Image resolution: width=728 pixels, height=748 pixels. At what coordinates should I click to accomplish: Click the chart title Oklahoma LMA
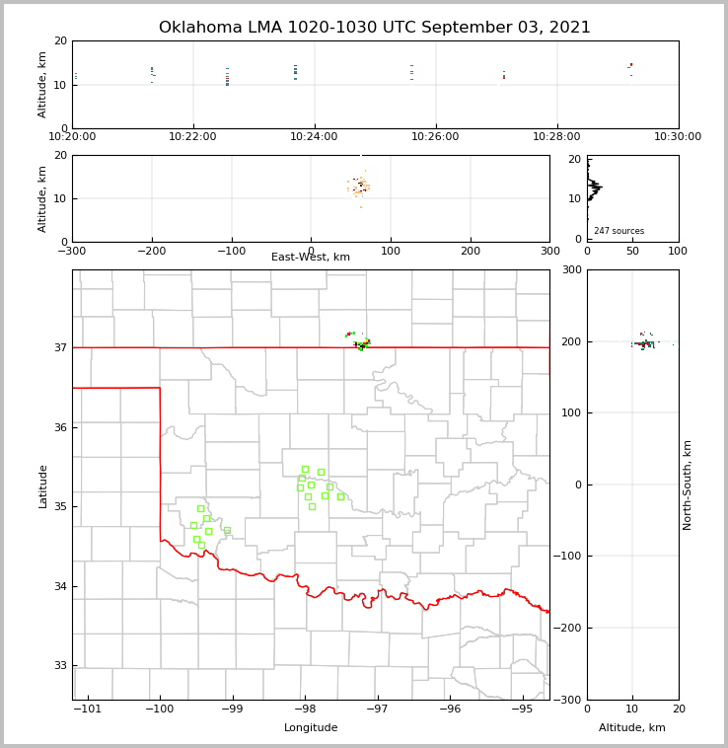pos(374,28)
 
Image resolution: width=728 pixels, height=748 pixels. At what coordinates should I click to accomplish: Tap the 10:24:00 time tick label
pos(315,136)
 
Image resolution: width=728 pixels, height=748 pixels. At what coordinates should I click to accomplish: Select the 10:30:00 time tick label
pos(677,136)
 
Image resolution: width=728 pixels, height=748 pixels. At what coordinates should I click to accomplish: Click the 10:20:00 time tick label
pos(72,136)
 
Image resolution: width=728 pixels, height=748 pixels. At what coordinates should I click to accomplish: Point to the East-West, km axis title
pos(311,258)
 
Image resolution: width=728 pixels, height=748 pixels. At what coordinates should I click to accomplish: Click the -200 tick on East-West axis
pos(151,252)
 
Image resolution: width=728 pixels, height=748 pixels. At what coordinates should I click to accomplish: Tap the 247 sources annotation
pos(619,231)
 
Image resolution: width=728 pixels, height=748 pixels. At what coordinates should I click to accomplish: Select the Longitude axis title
pos(311,728)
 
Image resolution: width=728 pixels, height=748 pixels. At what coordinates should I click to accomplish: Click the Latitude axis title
pos(42,486)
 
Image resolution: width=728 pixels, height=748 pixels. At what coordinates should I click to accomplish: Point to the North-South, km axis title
pos(688,485)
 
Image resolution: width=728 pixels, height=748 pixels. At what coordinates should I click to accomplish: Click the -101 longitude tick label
pos(88,709)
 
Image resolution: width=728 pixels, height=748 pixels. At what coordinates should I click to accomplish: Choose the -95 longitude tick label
pos(522,709)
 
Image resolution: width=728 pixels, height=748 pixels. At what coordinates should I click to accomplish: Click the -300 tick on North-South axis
pos(567,700)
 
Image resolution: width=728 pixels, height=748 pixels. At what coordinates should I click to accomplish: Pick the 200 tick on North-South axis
pos(570,341)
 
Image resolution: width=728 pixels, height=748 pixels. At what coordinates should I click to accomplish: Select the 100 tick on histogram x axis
pos(678,252)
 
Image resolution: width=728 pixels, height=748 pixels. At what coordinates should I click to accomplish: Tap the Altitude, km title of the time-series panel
pos(42,84)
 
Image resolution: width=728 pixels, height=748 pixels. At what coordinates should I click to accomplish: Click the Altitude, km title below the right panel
pos(632,728)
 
